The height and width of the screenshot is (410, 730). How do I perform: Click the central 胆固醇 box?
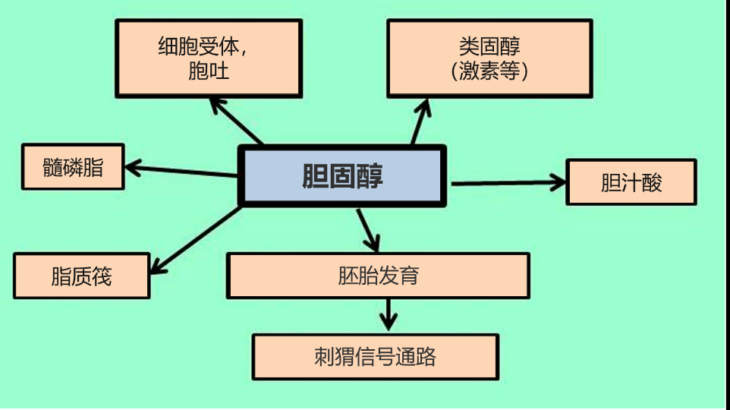click(342, 176)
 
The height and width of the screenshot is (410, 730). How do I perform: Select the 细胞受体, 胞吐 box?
click(208, 58)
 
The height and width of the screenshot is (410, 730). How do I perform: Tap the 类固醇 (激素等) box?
click(489, 58)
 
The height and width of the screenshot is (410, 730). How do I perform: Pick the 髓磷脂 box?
click(73, 167)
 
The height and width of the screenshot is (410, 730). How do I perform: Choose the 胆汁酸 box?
click(631, 182)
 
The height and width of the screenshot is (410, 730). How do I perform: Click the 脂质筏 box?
click(82, 276)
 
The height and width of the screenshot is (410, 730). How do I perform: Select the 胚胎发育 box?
click(378, 275)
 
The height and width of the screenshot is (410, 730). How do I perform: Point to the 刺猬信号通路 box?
click(375, 356)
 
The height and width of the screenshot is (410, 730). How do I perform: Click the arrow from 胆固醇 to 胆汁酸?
click(507, 182)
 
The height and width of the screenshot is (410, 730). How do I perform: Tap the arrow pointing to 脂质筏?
click(195, 238)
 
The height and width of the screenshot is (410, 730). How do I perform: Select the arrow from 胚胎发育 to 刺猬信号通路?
click(389, 313)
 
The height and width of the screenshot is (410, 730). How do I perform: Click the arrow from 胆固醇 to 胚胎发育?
click(367, 229)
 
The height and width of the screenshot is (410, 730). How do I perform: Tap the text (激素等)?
click(489, 71)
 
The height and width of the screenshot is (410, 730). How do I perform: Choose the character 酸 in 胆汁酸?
click(651, 183)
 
